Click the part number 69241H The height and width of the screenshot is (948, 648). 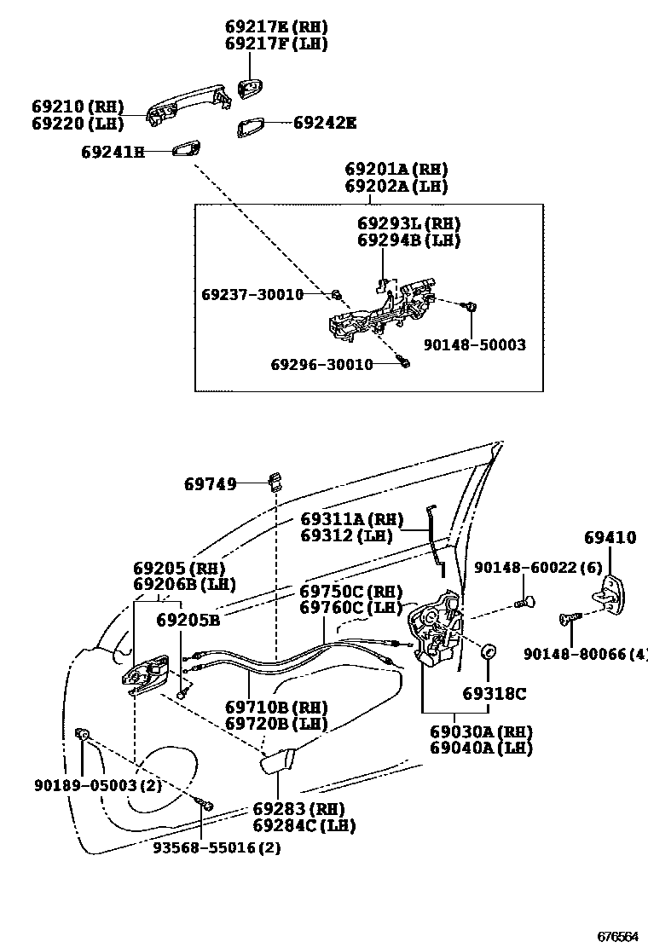[113, 153]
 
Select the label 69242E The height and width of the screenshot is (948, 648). [324, 123]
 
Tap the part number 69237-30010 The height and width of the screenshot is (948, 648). [252, 294]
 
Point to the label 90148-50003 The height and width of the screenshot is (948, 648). [475, 345]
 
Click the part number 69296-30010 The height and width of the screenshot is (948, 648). [321, 364]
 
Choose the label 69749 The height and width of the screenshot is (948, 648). [210, 483]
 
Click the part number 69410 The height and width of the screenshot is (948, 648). [610, 538]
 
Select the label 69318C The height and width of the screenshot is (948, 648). [495, 694]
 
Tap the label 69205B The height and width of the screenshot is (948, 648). [188, 620]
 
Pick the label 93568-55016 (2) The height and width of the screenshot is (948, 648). [217, 847]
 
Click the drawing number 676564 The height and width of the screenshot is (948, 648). [616, 935]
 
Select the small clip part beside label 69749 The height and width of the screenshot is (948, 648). [275, 481]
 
